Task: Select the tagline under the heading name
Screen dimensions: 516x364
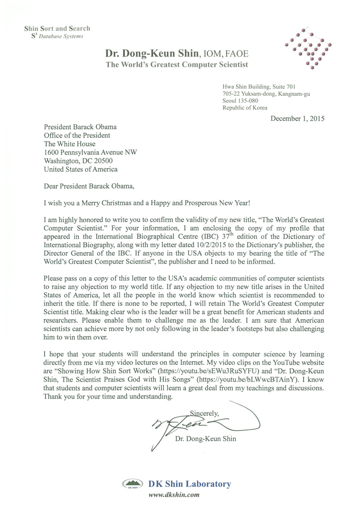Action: [177, 65]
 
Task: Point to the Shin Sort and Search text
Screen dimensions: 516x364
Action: [57, 28]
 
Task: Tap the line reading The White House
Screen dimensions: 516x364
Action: [69, 143]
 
